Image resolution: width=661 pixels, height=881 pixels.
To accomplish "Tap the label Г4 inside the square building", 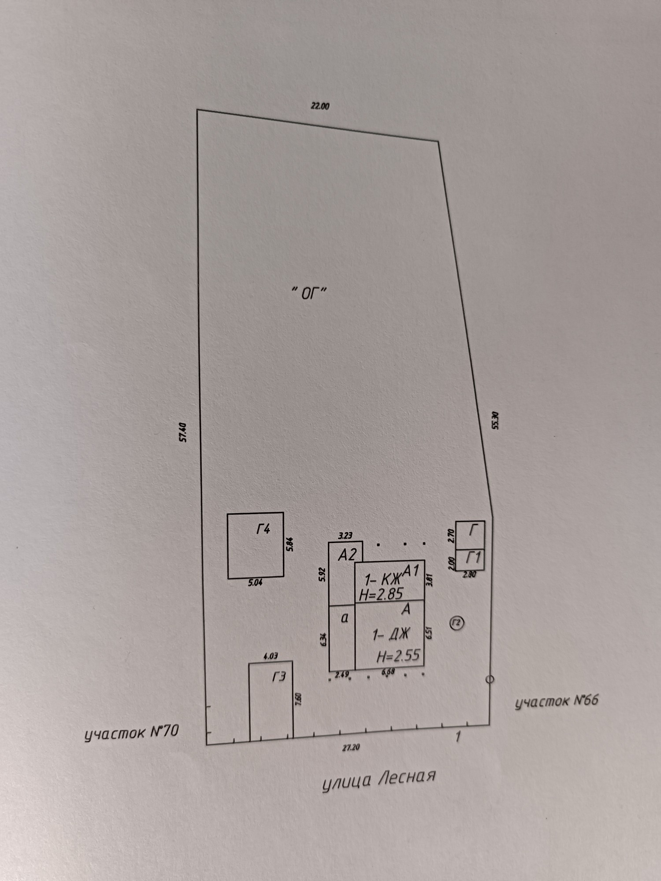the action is pos(263,529).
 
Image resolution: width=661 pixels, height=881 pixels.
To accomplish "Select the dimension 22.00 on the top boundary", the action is pos(320,106).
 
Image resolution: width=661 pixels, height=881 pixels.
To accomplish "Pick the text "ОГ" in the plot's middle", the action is pos(309,293).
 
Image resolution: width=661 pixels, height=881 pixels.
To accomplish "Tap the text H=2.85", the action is pos(381,594).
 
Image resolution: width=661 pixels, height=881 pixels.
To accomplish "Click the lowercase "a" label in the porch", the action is pos(345,618).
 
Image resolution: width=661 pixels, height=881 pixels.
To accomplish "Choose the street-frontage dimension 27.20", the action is pos(348,748).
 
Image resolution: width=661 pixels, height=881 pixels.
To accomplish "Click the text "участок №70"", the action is pos(132,733).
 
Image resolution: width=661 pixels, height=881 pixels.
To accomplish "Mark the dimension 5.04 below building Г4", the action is pos(255,583).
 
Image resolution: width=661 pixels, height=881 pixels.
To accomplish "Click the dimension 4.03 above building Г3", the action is pos(271,656).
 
